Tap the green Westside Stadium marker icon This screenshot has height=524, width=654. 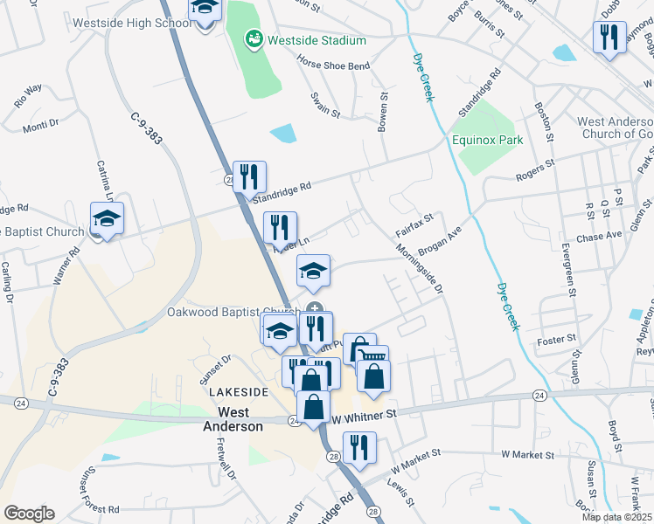coord(254,39)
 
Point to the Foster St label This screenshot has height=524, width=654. coord(558,338)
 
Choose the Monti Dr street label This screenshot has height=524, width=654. coord(40,125)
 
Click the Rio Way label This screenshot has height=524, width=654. coord(28,94)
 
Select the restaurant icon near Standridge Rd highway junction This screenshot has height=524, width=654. coord(249,177)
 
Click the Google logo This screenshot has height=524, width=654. coord(29,514)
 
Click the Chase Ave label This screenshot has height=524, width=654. coord(599,235)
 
